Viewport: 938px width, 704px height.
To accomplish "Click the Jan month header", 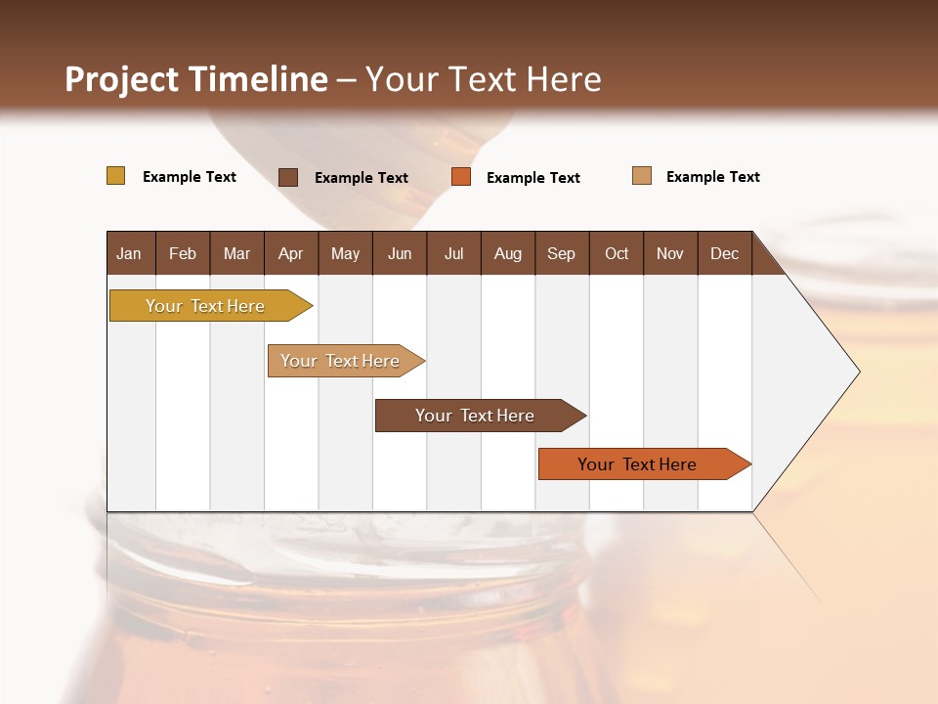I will click(130, 253).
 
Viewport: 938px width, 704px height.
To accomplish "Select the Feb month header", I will click(183, 253).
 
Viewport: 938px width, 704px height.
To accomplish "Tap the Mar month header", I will click(236, 253).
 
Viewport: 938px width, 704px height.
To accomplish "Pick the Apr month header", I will click(291, 253).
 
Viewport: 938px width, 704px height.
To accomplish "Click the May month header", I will click(345, 253).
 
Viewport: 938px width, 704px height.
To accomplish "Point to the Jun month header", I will click(400, 253).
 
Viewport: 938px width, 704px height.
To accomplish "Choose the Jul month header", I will click(453, 253).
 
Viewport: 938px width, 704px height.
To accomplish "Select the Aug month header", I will click(508, 253).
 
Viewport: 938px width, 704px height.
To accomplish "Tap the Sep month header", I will click(562, 253).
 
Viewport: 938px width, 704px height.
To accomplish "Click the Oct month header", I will click(617, 253).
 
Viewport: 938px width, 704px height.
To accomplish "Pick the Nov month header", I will click(670, 253).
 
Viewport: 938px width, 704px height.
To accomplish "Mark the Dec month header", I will click(725, 253).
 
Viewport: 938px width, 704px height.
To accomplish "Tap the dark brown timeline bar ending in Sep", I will click(476, 416).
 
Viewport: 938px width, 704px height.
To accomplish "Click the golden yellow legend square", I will click(115, 176).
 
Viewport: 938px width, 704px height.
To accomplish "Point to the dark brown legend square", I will click(288, 177).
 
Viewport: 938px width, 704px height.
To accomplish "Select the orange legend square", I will click(461, 177).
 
